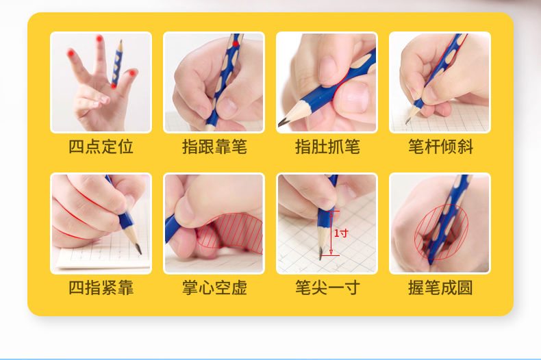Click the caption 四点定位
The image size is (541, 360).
(101, 146)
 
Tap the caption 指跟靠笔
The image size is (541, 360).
(214, 146)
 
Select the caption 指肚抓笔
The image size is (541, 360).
(327, 146)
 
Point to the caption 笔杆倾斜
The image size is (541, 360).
(440, 146)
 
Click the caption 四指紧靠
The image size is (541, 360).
(101, 287)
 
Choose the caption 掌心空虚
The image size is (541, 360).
(214, 287)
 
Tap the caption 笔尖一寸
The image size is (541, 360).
(327, 287)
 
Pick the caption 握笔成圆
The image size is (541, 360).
(440, 287)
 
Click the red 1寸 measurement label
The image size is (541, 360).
(341, 233)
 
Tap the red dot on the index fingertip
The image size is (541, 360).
(71, 53)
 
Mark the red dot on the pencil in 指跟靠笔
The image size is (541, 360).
(236, 44)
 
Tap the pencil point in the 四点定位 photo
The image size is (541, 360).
(121, 41)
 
